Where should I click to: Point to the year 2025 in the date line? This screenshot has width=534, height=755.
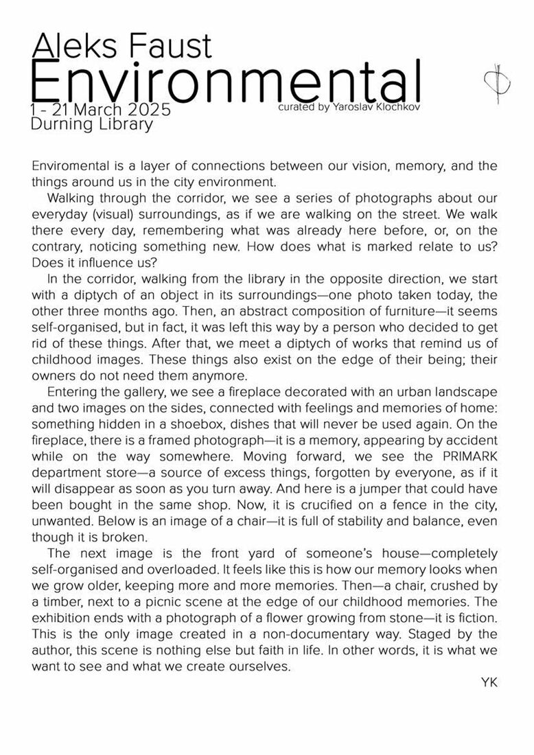(x=150, y=110)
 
